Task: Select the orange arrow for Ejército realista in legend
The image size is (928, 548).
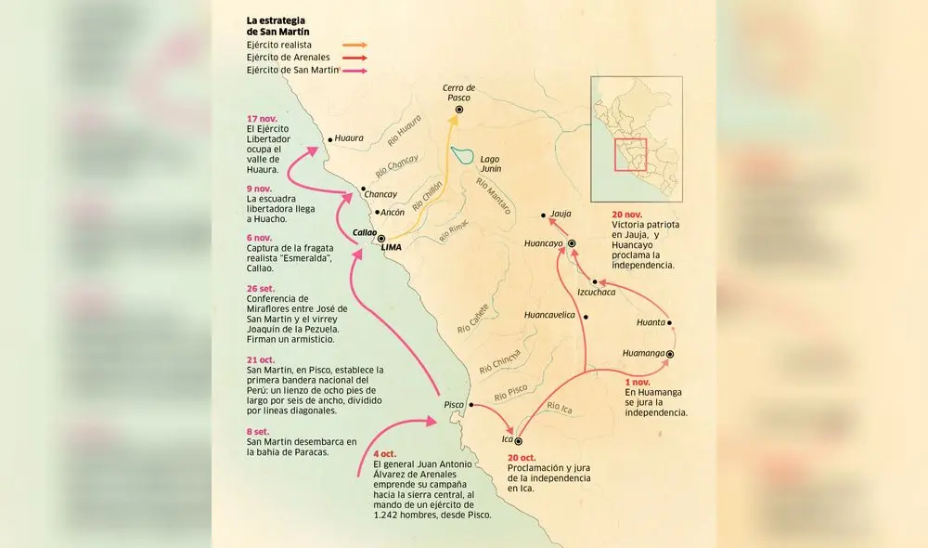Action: [354, 44]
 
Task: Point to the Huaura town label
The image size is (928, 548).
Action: [349, 137]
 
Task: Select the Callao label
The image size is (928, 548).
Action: [364, 233]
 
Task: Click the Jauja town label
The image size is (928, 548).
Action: [561, 213]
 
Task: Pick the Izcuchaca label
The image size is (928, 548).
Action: [596, 292]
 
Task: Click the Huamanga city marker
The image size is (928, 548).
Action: [669, 354]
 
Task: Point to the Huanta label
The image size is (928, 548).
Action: [651, 322]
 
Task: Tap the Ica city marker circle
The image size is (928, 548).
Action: [518, 441]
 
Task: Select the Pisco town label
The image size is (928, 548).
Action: [454, 405]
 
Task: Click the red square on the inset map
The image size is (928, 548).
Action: [630, 154]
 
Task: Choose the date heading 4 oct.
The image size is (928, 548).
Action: [384, 453]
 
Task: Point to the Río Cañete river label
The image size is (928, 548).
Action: [475, 316]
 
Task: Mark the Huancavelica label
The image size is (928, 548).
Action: [550, 315]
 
